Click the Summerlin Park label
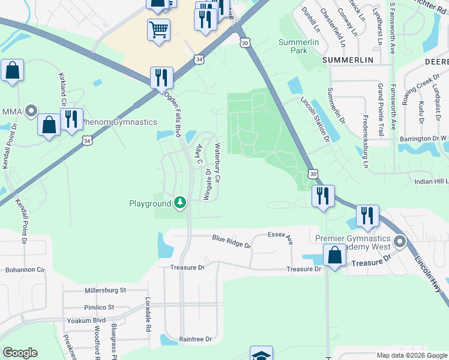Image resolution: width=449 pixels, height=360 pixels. pyautogui.click(x=293, y=46)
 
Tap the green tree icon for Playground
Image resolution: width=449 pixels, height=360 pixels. pyautogui.click(x=179, y=203)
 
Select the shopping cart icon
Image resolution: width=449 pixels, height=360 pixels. pyautogui.click(x=158, y=29)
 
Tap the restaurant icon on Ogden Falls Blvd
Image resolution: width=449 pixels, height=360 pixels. pyautogui.click(x=161, y=77)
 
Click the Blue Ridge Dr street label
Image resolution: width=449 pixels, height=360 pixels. pyautogui.click(x=231, y=242)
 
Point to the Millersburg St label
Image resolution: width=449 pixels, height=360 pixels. pyautogui.click(x=106, y=290)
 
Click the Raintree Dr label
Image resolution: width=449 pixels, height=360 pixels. pyautogui.click(x=196, y=339)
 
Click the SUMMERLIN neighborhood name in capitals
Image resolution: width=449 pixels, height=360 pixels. pyautogui.click(x=348, y=61)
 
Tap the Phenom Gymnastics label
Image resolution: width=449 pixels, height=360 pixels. pyautogui.click(x=119, y=122)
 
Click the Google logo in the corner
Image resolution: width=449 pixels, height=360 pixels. pyautogui.click(x=20, y=352)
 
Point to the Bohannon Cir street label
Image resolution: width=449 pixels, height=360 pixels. pyautogui.click(x=25, y=270)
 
